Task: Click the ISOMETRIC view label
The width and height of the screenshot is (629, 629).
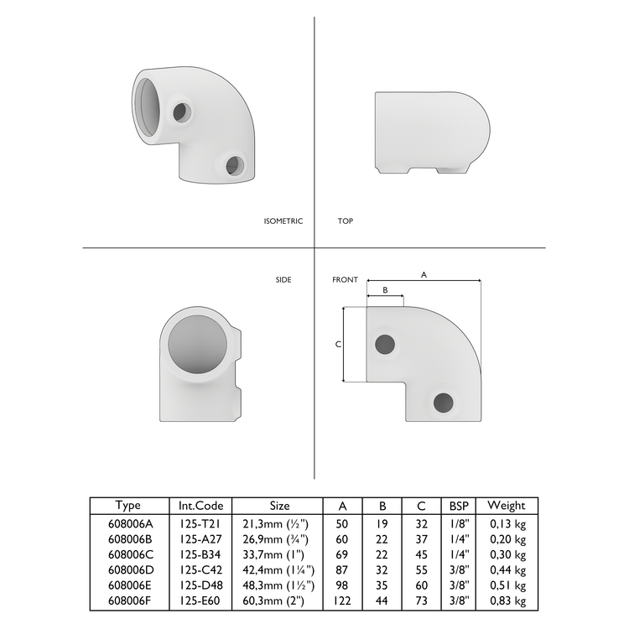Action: [x=283, y=221]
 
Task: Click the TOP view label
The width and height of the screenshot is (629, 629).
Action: [x=345, y=221]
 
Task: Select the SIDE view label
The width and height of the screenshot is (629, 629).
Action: [x=283, y=279]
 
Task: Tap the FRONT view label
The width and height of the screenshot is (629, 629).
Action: [x=345, y=279]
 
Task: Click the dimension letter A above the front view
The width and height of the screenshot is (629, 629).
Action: [x=424, y=274]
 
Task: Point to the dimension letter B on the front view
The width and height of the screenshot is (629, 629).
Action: [x=385, y=289]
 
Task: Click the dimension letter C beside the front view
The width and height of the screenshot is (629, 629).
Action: [x=337, y=345]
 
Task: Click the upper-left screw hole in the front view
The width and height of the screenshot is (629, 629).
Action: [x=386, y=343]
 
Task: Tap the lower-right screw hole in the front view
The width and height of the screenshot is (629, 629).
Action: [x=444, y=402]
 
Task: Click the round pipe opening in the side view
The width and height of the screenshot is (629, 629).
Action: [x=196, y=351]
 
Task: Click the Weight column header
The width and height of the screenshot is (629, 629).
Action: [x=507, y=506]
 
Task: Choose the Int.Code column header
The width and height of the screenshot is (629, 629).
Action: [x=200, y=506]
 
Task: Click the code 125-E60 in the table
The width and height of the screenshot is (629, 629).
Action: [x=200, y=600]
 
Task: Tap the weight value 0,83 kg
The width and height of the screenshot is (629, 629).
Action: [x=507, y=600]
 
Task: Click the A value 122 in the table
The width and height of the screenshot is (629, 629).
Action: [x=342, y=600]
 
